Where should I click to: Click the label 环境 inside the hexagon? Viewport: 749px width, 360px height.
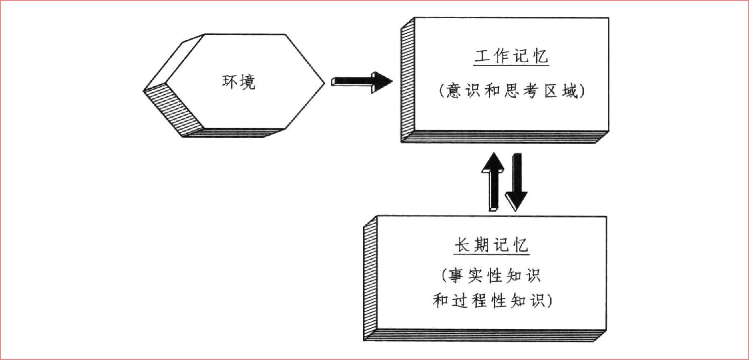[239, 82]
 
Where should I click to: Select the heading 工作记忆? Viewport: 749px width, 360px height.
[511, 56]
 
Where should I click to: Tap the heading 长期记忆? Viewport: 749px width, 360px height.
[491, 245]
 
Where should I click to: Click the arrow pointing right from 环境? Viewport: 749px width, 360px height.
[361, 82]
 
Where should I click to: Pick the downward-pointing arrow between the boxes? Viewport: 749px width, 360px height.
[516, 181]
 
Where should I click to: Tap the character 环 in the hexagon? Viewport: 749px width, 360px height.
[230, 82]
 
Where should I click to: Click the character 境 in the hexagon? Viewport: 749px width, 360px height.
[248, 82]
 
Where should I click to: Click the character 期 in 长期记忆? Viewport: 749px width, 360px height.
[481, 245]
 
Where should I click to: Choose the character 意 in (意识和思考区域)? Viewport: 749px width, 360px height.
[455, 92]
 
